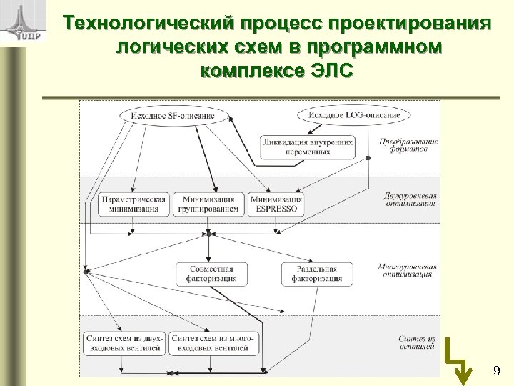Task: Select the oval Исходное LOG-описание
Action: (353, 114)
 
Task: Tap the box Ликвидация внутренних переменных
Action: (308, 147)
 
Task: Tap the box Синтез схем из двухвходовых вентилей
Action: (126, 342)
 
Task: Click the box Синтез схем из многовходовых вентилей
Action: (211, 342)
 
